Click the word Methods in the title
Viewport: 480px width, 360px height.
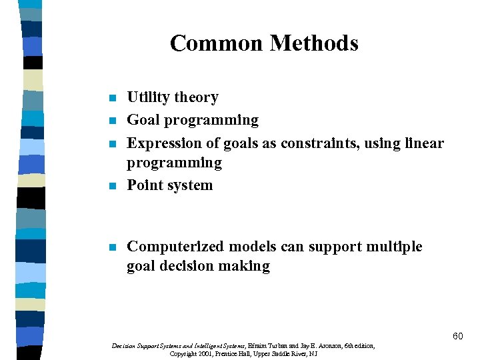coord(314,43)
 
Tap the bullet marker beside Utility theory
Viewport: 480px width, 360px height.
coord(112,99)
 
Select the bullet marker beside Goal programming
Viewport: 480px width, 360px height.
coord(112,121)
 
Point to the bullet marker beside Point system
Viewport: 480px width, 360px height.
coord(112,187)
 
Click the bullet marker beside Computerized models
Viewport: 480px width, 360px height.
coord(112,248)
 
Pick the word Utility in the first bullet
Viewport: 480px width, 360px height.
coord(147,97)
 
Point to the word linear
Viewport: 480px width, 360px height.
coord(424,143)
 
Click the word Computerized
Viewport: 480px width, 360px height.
coord(175,247)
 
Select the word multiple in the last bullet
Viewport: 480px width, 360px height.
coord(395,247)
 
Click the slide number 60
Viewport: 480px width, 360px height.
coord(457,337)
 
